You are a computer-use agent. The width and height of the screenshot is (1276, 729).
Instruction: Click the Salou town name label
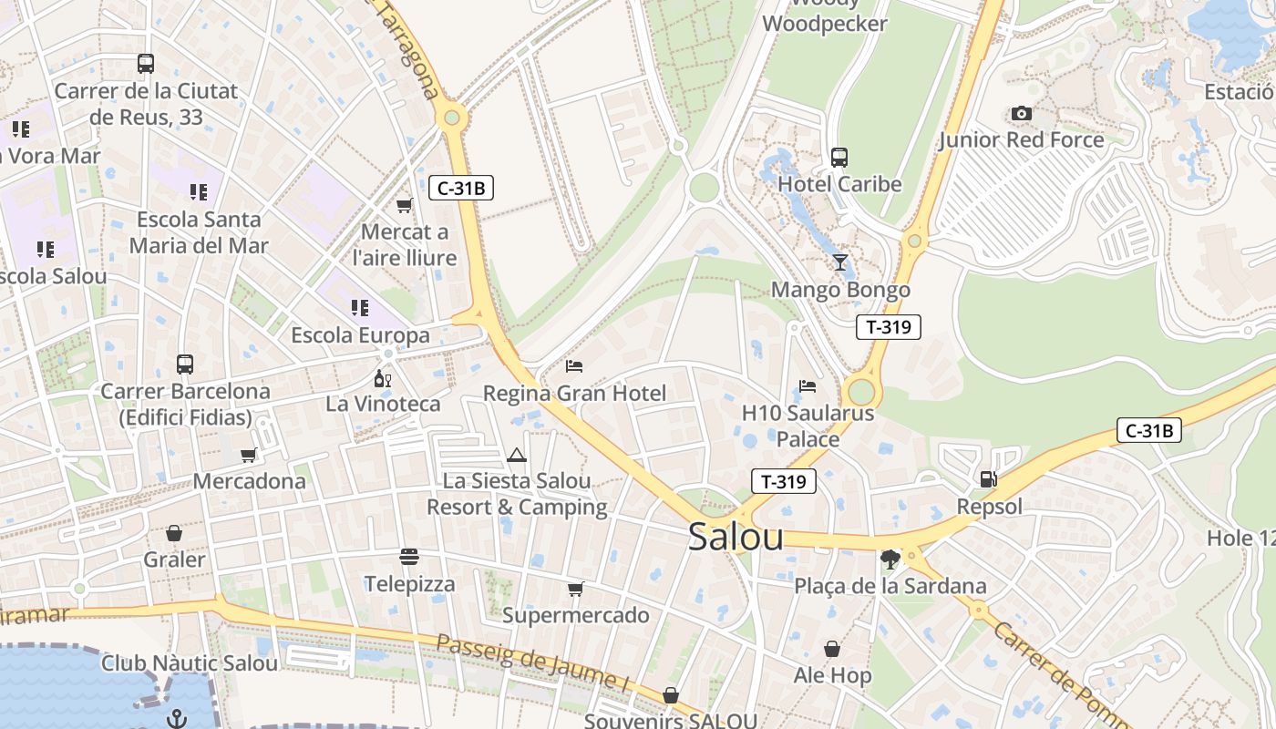point(736,537)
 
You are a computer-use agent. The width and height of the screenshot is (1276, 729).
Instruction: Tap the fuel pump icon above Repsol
point(988,478)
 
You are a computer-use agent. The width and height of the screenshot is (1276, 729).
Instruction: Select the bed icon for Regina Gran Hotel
point(574,366)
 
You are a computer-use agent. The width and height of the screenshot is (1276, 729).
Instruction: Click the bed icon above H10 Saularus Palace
point(808,386)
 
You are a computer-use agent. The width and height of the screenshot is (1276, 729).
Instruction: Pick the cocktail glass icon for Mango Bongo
point(840,262)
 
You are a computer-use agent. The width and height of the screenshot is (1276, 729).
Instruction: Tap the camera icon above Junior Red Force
point(1022,114)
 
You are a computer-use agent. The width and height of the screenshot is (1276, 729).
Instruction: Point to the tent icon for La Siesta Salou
point(517,455)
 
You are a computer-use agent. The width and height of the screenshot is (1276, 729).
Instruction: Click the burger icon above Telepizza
point(409,556)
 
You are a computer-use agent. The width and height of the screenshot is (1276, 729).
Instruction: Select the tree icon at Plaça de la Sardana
point(890,559)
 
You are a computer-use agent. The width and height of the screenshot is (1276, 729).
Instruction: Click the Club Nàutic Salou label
point(190,662)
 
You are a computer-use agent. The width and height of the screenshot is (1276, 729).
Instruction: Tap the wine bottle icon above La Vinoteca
point(382,378)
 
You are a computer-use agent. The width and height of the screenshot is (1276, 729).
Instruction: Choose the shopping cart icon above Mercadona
point(249,455)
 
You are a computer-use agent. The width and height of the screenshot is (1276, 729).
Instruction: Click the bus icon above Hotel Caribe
point(839,158)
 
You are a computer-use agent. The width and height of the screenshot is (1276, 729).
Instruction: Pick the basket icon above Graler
point(174,533)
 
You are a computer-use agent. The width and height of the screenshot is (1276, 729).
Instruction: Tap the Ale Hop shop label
point(832,675)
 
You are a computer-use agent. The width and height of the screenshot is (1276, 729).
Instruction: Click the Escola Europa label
point(360,335)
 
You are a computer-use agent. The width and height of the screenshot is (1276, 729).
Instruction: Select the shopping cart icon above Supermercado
point(575,590)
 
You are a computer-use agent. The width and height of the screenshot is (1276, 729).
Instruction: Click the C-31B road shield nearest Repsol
point(1149,431)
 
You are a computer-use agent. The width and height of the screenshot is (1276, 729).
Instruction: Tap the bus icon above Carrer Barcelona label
point(185,364)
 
